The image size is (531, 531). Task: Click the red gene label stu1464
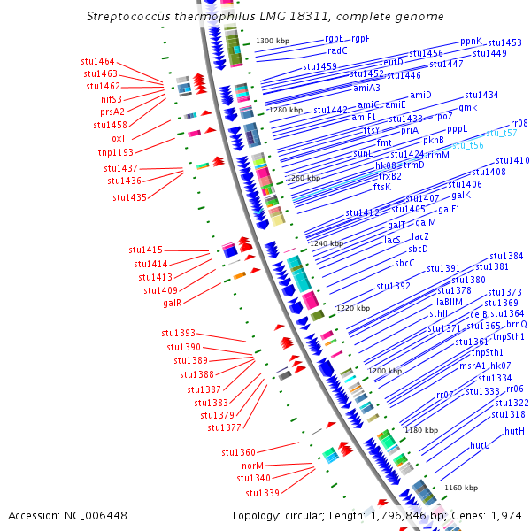(97, 61)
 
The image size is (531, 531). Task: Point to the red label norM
(253, 466)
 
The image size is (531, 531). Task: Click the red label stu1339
(262, 493)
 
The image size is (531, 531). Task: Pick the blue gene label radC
(337, 50)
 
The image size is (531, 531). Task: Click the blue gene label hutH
(515, 431)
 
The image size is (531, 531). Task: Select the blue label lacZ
(420, 236)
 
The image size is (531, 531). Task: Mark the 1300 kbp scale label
(273, 42)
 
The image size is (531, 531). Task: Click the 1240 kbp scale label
(326, 242)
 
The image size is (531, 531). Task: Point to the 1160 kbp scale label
(461, 488)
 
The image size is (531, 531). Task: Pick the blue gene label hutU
(481, 445)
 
